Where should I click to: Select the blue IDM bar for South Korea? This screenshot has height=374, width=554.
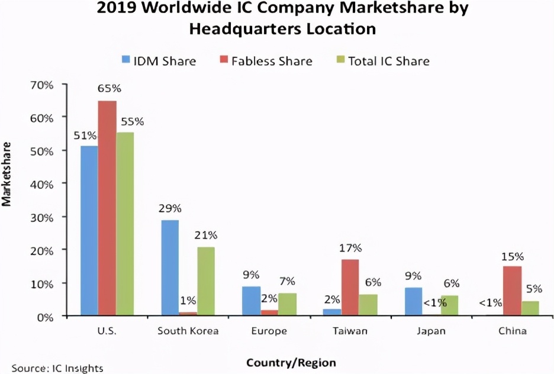(170, 268)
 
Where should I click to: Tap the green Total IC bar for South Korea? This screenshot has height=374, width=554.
(205, 282)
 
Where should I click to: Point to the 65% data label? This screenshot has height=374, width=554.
(108, 89)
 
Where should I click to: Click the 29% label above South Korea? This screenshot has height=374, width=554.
(170, 208)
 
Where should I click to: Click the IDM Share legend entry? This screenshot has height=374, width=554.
(159, 60)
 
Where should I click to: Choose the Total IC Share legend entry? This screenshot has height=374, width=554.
(381, 60)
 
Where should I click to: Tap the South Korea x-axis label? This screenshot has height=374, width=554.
(188, 331)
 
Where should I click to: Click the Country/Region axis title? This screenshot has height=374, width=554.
(291, 362)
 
